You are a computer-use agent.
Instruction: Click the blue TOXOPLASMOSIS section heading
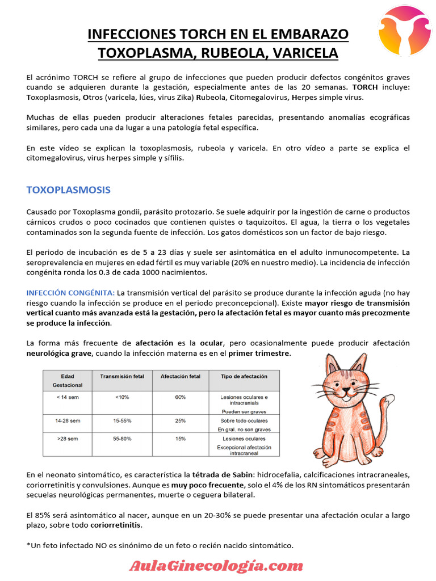pyautogui.click(x=68, y=190)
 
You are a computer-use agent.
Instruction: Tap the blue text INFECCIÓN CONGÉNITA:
pyautogui.click(x=70, y=292)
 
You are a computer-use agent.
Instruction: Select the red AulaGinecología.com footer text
pyautogui.click(x=216, y=565)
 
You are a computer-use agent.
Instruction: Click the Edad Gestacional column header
pyautogui.click(x=67, y=380)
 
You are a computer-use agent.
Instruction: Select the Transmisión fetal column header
pyautogui.click(x=122, y=376)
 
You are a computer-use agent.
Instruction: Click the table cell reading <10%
pyautogui.click(x=122, y=397)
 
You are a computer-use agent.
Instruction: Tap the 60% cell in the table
pyautogui.click(x=181, y=397)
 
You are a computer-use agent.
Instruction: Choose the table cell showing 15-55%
pyautogui.click(x=122, y=421)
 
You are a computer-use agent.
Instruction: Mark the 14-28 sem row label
pyautogui.click(x=67, y=421)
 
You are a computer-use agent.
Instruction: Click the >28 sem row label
pyautogui.click(x=67, y=439)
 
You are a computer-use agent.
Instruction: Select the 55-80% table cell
pyautogui.click(x=122, y=439)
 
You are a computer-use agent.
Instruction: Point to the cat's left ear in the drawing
pyautogui.click(x=333, y=364)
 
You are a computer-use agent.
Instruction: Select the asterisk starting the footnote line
pyautogui.click(x=28, y=546)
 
